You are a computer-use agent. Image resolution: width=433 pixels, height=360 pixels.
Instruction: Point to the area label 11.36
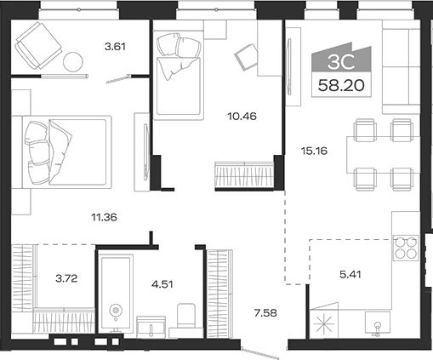tap(102, 217)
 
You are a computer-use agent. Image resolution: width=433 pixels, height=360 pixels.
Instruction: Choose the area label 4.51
tap(162, 283)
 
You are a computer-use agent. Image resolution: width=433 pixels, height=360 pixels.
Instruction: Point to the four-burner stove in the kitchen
tap(406, 246)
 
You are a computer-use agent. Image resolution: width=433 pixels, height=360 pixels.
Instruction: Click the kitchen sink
tap(374, 323)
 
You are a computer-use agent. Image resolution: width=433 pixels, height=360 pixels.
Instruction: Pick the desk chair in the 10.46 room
tap(247, 56)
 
